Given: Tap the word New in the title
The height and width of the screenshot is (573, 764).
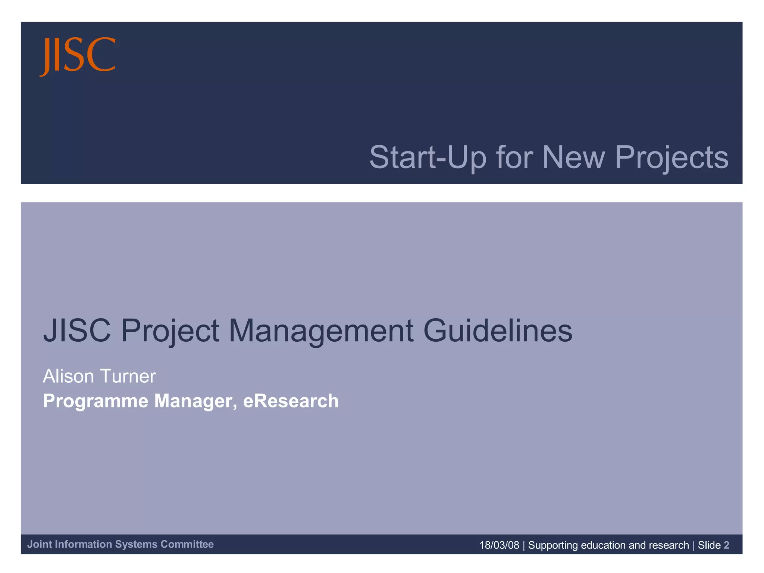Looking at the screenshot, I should (x=573, y=157).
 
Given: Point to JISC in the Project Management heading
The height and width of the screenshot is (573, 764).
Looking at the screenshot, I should (x=77, y=331).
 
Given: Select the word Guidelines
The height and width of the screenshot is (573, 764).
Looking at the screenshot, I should (x=498, y=331).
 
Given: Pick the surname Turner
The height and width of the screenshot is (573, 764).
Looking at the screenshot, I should (x=128, y=376).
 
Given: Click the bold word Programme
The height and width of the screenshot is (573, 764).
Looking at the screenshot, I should (x=95, y=401).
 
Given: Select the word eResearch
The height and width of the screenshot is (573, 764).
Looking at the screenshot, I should (x=291, y=401).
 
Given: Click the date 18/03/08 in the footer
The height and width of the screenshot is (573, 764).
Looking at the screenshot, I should (x=499, y=545).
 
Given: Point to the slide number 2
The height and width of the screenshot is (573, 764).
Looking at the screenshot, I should (x=726, y=545).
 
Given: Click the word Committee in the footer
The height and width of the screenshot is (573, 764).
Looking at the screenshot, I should (x=187, y=544).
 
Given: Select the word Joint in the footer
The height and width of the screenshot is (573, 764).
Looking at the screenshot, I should (x=40, y=544).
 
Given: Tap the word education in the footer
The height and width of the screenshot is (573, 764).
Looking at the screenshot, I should (x=603, y=545).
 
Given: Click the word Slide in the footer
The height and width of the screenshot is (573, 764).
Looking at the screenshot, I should (x=709, y=545).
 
